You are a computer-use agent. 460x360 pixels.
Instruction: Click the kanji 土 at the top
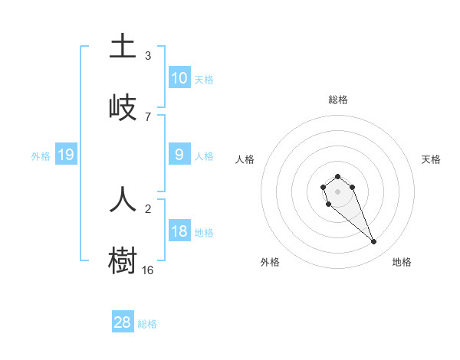point(123,46)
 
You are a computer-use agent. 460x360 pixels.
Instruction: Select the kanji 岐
point(123,107)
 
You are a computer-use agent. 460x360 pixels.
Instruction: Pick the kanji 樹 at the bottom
point(123,260)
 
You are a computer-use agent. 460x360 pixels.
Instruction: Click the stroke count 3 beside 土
point(147,55)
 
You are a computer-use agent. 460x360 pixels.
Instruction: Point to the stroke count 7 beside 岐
point(147,116)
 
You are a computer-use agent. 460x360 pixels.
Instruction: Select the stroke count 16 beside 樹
point(147,270)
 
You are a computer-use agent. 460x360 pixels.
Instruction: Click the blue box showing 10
point(179,77)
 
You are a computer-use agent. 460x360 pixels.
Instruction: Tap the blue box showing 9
point(179,154)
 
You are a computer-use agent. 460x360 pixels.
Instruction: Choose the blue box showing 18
point(179,231)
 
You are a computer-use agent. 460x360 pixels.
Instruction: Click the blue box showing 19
point(66,155)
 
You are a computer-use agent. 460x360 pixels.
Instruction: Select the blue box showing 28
point(123,322)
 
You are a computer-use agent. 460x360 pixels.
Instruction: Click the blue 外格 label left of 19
point(41,156)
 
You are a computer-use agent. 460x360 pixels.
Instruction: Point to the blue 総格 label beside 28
point(147,324)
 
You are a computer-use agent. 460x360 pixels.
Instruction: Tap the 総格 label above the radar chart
point(337,100)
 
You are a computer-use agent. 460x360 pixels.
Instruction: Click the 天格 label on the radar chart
point(431,159)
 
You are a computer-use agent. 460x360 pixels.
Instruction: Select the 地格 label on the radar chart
point(402,262)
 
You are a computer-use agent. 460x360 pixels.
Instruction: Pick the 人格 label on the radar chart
point(245,159)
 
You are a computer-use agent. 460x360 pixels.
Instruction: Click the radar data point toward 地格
point(374,242)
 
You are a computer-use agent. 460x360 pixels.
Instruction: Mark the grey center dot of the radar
point(337,191)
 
